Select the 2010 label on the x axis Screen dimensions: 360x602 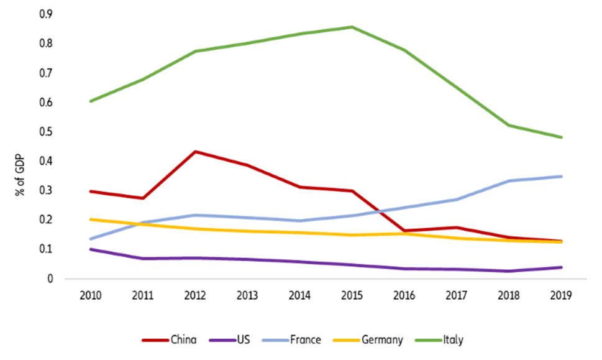pyautogui.click(x=91, y=294)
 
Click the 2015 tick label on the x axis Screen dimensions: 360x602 pyautogui.click(x=352, y=294)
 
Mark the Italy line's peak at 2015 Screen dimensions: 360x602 pyautogui.click(x=352, y=27)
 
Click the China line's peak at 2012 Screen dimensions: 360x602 pyautogui.click(x=195, y=151)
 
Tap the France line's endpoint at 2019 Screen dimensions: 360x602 pyautogui.click(x=562, y=176)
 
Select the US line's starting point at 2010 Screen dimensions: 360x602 pyautogui.click(x=91, y=249)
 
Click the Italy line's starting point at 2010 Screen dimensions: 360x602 pyautogui.click(x=91, y=101)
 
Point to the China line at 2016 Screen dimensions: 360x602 pyautogui.click(x=404, y=231)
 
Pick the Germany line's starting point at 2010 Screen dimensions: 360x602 pyautogui.click(x=91, y=219)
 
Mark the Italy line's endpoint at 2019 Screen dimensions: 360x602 pyautogui.click(x=562, y=137)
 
